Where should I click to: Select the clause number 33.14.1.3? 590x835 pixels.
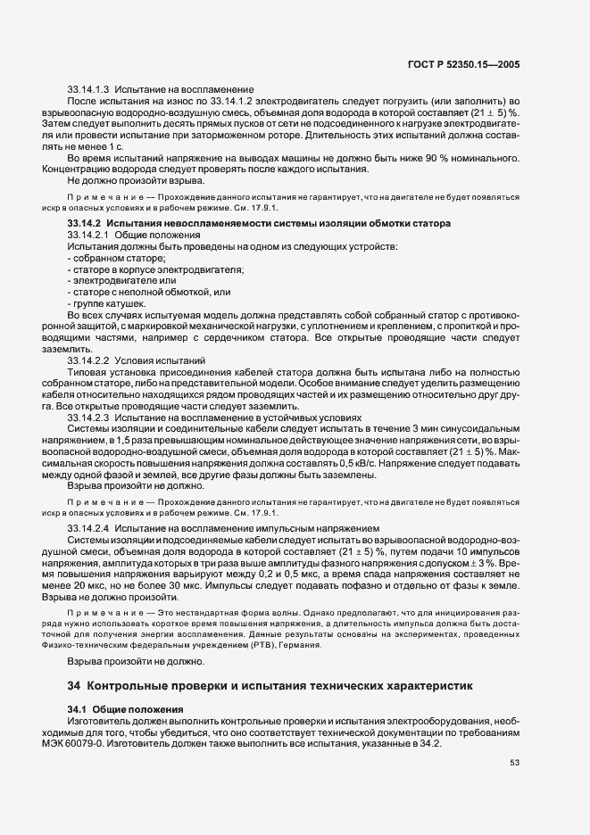pyautogui.click(x=87, y=89)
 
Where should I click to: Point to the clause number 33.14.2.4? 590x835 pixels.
pyautogui.click(x=87, y=528)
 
